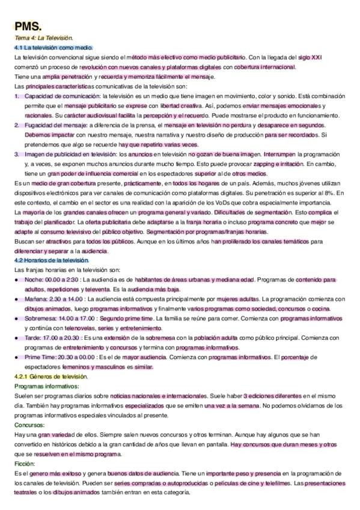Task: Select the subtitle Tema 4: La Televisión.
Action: (44, 38)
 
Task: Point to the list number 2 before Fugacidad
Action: (17, 125)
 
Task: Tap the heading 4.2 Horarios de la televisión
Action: (52, 260)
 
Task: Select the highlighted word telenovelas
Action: (66, 328)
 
